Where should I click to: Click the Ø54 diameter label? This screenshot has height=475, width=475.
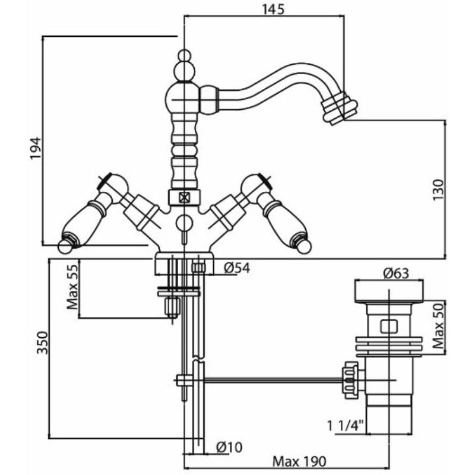click(236, 268)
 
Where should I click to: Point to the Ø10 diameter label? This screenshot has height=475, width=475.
click(229, 446)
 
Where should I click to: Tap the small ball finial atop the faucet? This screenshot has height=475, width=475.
click(184, 58)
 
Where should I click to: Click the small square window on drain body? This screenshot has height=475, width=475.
click(388, 325)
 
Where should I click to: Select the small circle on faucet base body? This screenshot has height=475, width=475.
click(184, 223)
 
